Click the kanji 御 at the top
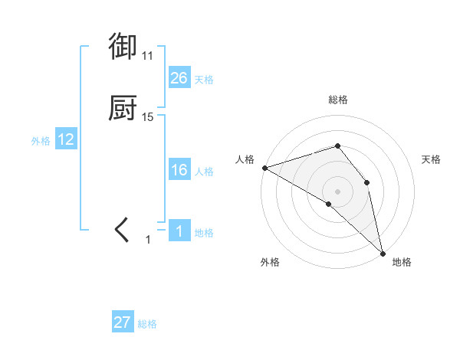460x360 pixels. click(123, 47)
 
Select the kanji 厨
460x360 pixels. click(123, 109)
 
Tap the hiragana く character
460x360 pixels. click(123, 230)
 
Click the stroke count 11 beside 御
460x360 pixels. click(147, 56)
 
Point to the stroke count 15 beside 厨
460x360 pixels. click(148, 117)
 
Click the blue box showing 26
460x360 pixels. click(179, 78)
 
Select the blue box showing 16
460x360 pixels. click(179, 170)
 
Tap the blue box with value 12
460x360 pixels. click(66, 139)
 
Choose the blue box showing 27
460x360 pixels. click(123, 322)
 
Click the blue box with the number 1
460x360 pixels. click(179, 231)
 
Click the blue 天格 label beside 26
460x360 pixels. click(204, 80)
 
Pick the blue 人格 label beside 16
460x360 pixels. click(204, 172)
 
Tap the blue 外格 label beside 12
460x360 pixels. click(41, 141)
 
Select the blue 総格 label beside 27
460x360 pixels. click(147, 324)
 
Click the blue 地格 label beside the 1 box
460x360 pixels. click(204, 233)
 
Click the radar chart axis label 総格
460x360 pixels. click(337, 100)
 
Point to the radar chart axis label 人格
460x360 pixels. click(245, 159)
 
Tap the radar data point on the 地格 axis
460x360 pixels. click(383, 252)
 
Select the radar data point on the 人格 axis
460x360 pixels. click(264, 167)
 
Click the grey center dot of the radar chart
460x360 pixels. click(337, 191)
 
